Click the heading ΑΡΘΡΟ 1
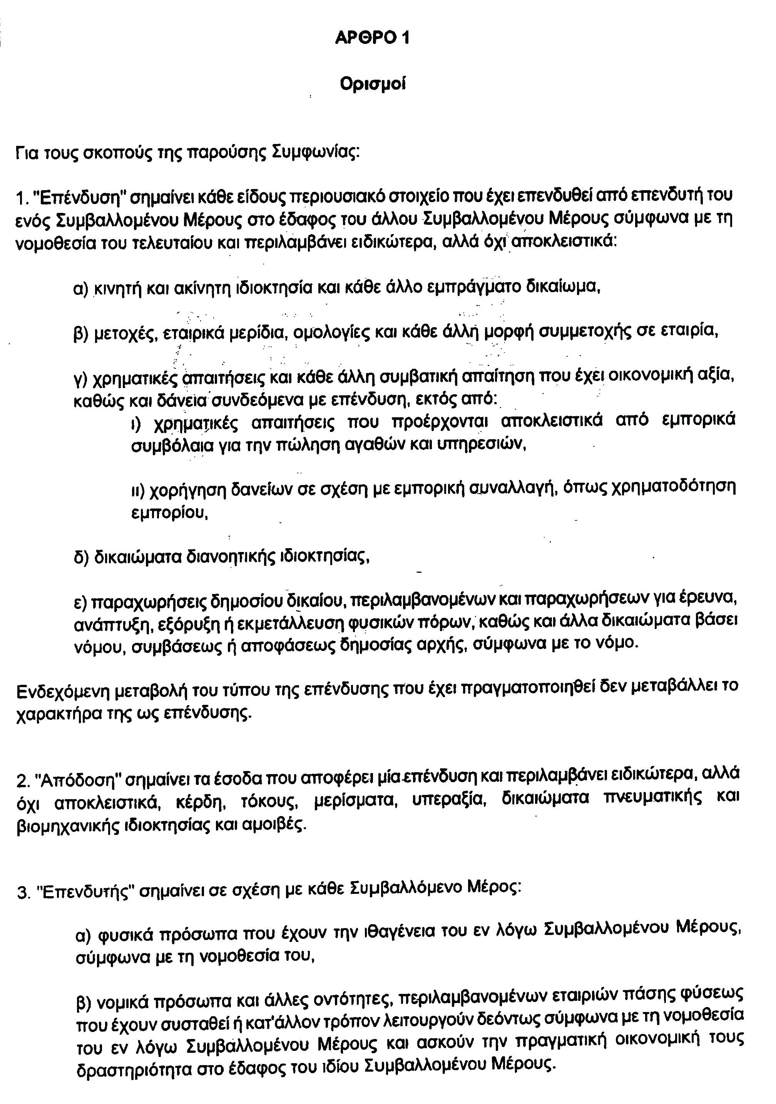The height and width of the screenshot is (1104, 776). point(372,38)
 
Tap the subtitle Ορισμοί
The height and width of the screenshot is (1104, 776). point(373,84)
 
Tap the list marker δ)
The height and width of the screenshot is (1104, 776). point(81,557)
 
